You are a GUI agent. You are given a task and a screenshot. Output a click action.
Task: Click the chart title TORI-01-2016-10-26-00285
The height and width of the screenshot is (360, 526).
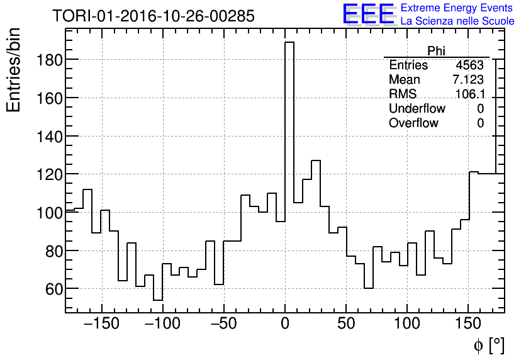(154, 16)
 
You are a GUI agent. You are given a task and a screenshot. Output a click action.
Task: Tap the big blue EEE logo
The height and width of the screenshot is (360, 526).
(368, 14)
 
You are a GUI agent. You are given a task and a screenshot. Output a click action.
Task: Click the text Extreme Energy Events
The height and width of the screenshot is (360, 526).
(457, 8)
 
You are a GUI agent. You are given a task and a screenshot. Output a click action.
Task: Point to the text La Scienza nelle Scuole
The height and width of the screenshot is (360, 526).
(457, 21)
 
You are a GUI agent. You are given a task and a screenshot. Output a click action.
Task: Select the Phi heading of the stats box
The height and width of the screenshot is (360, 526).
(436, 51)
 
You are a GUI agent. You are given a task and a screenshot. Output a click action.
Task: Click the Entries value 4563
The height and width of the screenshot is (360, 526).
(469, 65)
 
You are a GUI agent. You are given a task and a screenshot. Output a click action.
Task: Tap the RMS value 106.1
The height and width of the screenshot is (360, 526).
(471, 94)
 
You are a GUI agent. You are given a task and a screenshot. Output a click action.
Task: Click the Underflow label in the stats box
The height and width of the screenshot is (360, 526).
(417, 109)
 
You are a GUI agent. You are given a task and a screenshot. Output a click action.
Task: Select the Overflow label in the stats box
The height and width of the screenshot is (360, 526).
(413, 123)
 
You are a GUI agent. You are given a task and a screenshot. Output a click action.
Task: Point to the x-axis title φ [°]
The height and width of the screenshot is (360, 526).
(488, 346)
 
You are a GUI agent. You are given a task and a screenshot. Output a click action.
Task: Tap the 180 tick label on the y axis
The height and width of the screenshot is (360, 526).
(47, 60)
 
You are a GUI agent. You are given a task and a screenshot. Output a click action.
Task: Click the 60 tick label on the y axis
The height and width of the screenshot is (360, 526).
(52, 289)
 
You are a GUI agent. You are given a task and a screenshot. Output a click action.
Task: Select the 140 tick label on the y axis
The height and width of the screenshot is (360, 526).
(47, 136)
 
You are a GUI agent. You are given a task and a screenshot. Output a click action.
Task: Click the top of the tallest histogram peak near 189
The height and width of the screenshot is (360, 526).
(289, 42)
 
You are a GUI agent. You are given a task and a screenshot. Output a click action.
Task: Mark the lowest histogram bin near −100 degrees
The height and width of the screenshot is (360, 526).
(158, 300)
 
